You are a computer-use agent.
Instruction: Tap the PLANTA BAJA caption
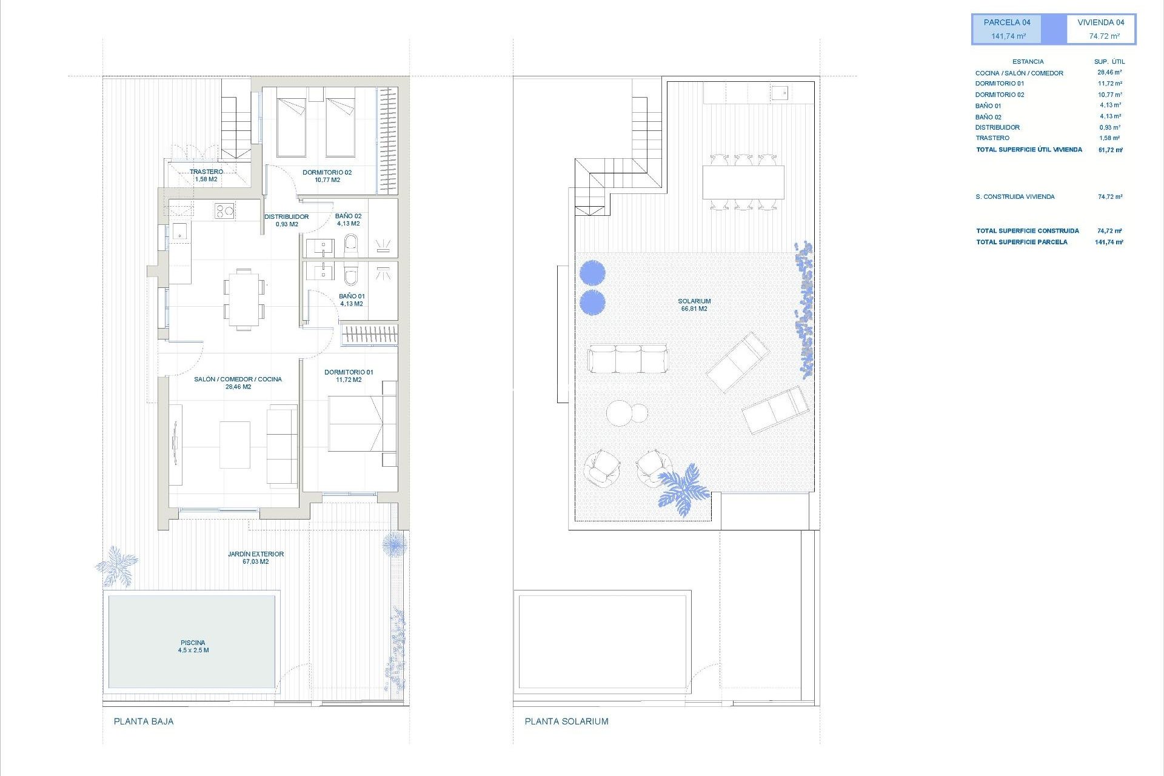coord(144,721)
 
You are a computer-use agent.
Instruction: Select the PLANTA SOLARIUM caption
coord(566,721)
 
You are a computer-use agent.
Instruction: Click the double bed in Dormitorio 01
coord(358,424)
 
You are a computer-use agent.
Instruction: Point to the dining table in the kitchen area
coord(244,299)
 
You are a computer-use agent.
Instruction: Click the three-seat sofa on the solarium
coord(627,358)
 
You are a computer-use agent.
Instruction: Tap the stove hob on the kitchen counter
coord(224,211)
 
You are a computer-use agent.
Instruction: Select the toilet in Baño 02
coord(351,246)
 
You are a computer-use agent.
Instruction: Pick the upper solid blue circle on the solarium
coord(592,273)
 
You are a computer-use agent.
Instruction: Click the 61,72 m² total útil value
coord(1110,150)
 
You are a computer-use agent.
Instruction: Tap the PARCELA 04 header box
coord(1008,29)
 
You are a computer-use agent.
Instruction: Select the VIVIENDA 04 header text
coord(1100,22)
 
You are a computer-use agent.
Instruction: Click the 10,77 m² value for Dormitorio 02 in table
coord(1109,95)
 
